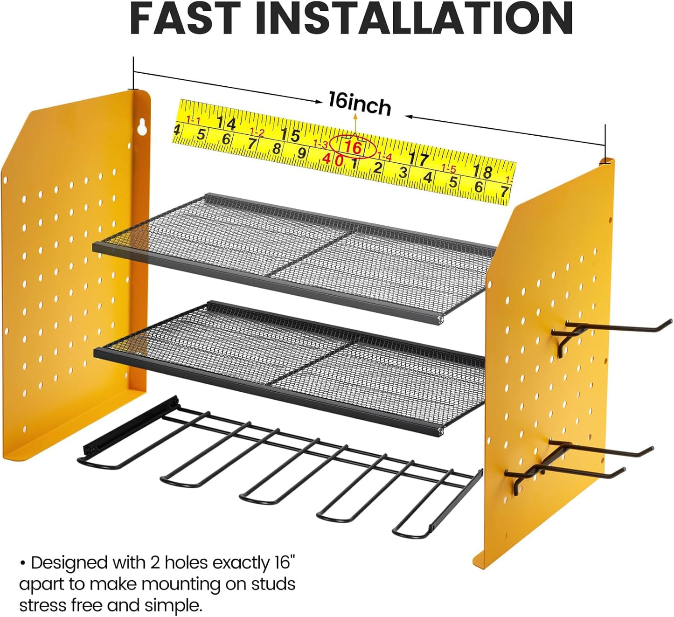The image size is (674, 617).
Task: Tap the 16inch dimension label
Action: pos(360,104)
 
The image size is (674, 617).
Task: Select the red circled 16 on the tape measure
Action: pos(353,147)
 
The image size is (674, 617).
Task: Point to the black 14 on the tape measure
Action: pos(226,123)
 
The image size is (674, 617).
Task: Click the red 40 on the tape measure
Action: pos(333,159)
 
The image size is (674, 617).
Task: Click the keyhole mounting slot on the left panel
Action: pos(142,127)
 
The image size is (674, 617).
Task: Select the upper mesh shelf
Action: pos(294,258)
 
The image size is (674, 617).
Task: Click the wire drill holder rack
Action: pos(279,467)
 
